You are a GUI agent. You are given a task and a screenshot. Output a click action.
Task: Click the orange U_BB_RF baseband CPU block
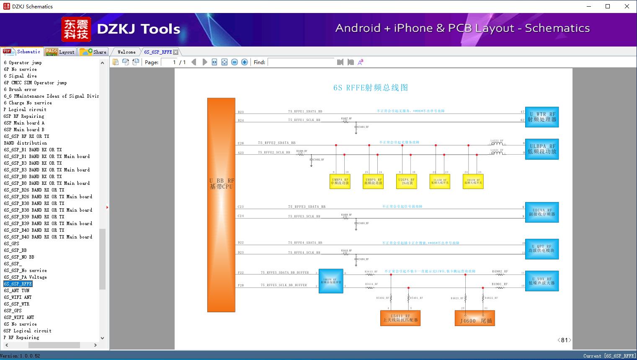(221, 205)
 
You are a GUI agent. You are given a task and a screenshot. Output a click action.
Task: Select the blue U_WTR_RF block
(542, 117)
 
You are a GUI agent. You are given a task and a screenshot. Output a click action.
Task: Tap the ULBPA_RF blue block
(542, 149)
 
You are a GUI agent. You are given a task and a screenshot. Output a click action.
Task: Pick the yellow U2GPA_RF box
(406, 181)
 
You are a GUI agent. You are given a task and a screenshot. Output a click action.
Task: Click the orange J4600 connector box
(475, 318)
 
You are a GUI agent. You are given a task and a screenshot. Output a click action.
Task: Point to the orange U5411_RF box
(400, 318)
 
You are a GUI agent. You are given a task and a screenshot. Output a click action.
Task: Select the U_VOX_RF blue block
(542, 281)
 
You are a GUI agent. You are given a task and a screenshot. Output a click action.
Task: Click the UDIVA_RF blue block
(542, 212)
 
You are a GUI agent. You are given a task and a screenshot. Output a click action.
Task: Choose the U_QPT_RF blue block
(542, 249)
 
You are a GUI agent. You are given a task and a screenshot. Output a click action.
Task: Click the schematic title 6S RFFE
(370, 88)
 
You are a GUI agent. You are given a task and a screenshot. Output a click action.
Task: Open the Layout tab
(60, 52)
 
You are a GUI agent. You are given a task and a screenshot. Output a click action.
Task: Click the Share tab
(93, 52)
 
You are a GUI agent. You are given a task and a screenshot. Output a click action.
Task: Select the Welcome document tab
(126, 52)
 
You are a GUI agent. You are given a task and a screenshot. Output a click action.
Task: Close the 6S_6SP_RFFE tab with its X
(176, 52)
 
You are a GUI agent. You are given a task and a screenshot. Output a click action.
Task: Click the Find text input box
(302, 62)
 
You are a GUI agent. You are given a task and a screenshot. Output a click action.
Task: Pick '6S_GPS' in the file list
(12, 243)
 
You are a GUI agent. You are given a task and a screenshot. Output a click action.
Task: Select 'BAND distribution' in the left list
(25, 143)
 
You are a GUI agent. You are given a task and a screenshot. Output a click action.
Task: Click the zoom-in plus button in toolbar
(245, 62)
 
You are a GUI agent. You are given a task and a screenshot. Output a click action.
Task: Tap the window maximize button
(608, 6)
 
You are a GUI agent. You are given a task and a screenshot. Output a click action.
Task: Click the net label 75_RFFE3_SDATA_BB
(307, 207)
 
